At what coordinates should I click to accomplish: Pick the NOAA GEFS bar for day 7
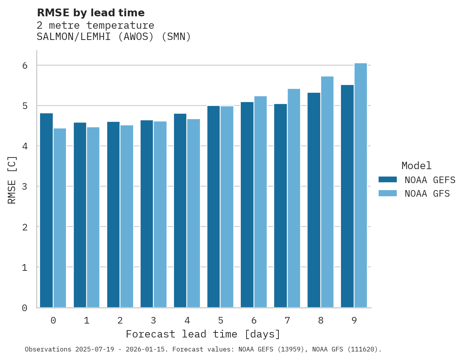click(280, 206)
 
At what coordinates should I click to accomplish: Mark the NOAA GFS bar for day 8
click(327, 192)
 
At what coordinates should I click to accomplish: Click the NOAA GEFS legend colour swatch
click(388, 180)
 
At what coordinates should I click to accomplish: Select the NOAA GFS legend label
click(427, 194)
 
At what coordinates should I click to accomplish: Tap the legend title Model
click(416, 166)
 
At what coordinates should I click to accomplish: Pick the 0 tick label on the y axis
click(24, 308)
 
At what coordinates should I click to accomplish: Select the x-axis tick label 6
click(254, 320)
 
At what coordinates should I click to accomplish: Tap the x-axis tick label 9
click(354, 320)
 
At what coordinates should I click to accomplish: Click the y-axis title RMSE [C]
click(12, 180)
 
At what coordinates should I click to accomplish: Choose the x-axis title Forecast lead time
click(203, 334)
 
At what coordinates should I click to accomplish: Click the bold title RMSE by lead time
click(90, 13)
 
